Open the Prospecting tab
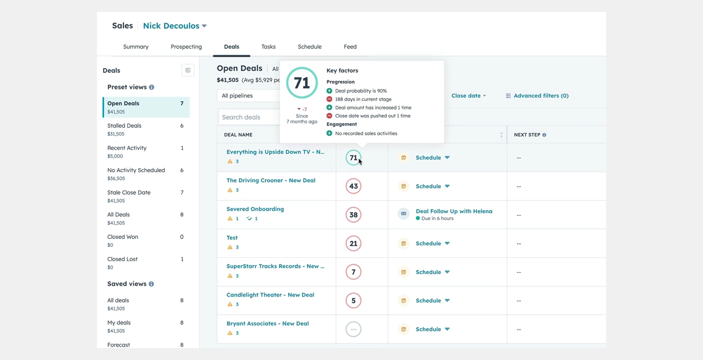[186, 46]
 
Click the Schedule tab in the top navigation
[309, 46]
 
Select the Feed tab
[350, 46]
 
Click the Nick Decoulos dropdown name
[174, 26]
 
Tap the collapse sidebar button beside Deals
[188, 70]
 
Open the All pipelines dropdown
[247, 95]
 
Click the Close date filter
[468, 95]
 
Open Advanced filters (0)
[537, 95]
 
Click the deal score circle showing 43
[353, 186]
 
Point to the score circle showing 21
[353, 243]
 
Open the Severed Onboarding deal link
[255, 209]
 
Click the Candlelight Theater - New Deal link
[270, 295]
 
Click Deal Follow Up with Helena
[454, 211]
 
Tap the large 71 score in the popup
[302, 83]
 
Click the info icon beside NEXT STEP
[544, 135]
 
